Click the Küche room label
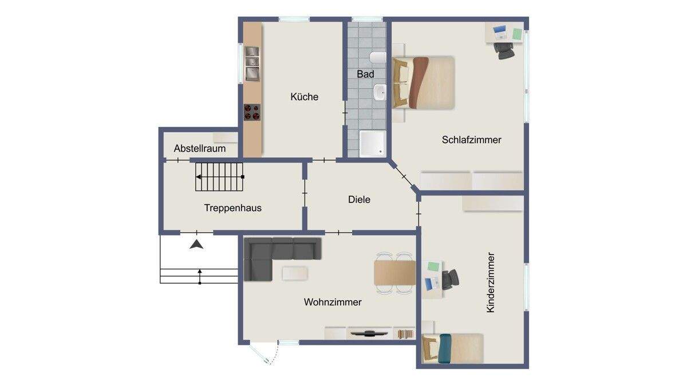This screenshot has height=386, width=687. tap(304, 97)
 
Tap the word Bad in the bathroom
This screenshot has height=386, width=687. tap(365, 74)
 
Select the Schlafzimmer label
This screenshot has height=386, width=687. tap(471, 140)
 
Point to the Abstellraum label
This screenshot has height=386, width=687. tap(199, 149)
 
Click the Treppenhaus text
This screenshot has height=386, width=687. tap(232, 208)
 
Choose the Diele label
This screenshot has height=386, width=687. tap(359, 200)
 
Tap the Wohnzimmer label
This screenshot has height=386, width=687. tap(333, 303)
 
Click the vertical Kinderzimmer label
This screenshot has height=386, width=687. tap(490, 282)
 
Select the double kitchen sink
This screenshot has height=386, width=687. tap(252, 63)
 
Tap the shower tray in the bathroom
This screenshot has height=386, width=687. tap(372, 144)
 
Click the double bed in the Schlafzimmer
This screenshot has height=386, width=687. tap(424, 82)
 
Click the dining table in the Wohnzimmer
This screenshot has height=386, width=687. tap(394, 272)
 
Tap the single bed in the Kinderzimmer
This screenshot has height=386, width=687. tap(452, 347)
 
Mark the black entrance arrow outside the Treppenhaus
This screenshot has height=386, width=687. tap(197, 244)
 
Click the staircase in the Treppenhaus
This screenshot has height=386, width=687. tap(220, 177)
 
